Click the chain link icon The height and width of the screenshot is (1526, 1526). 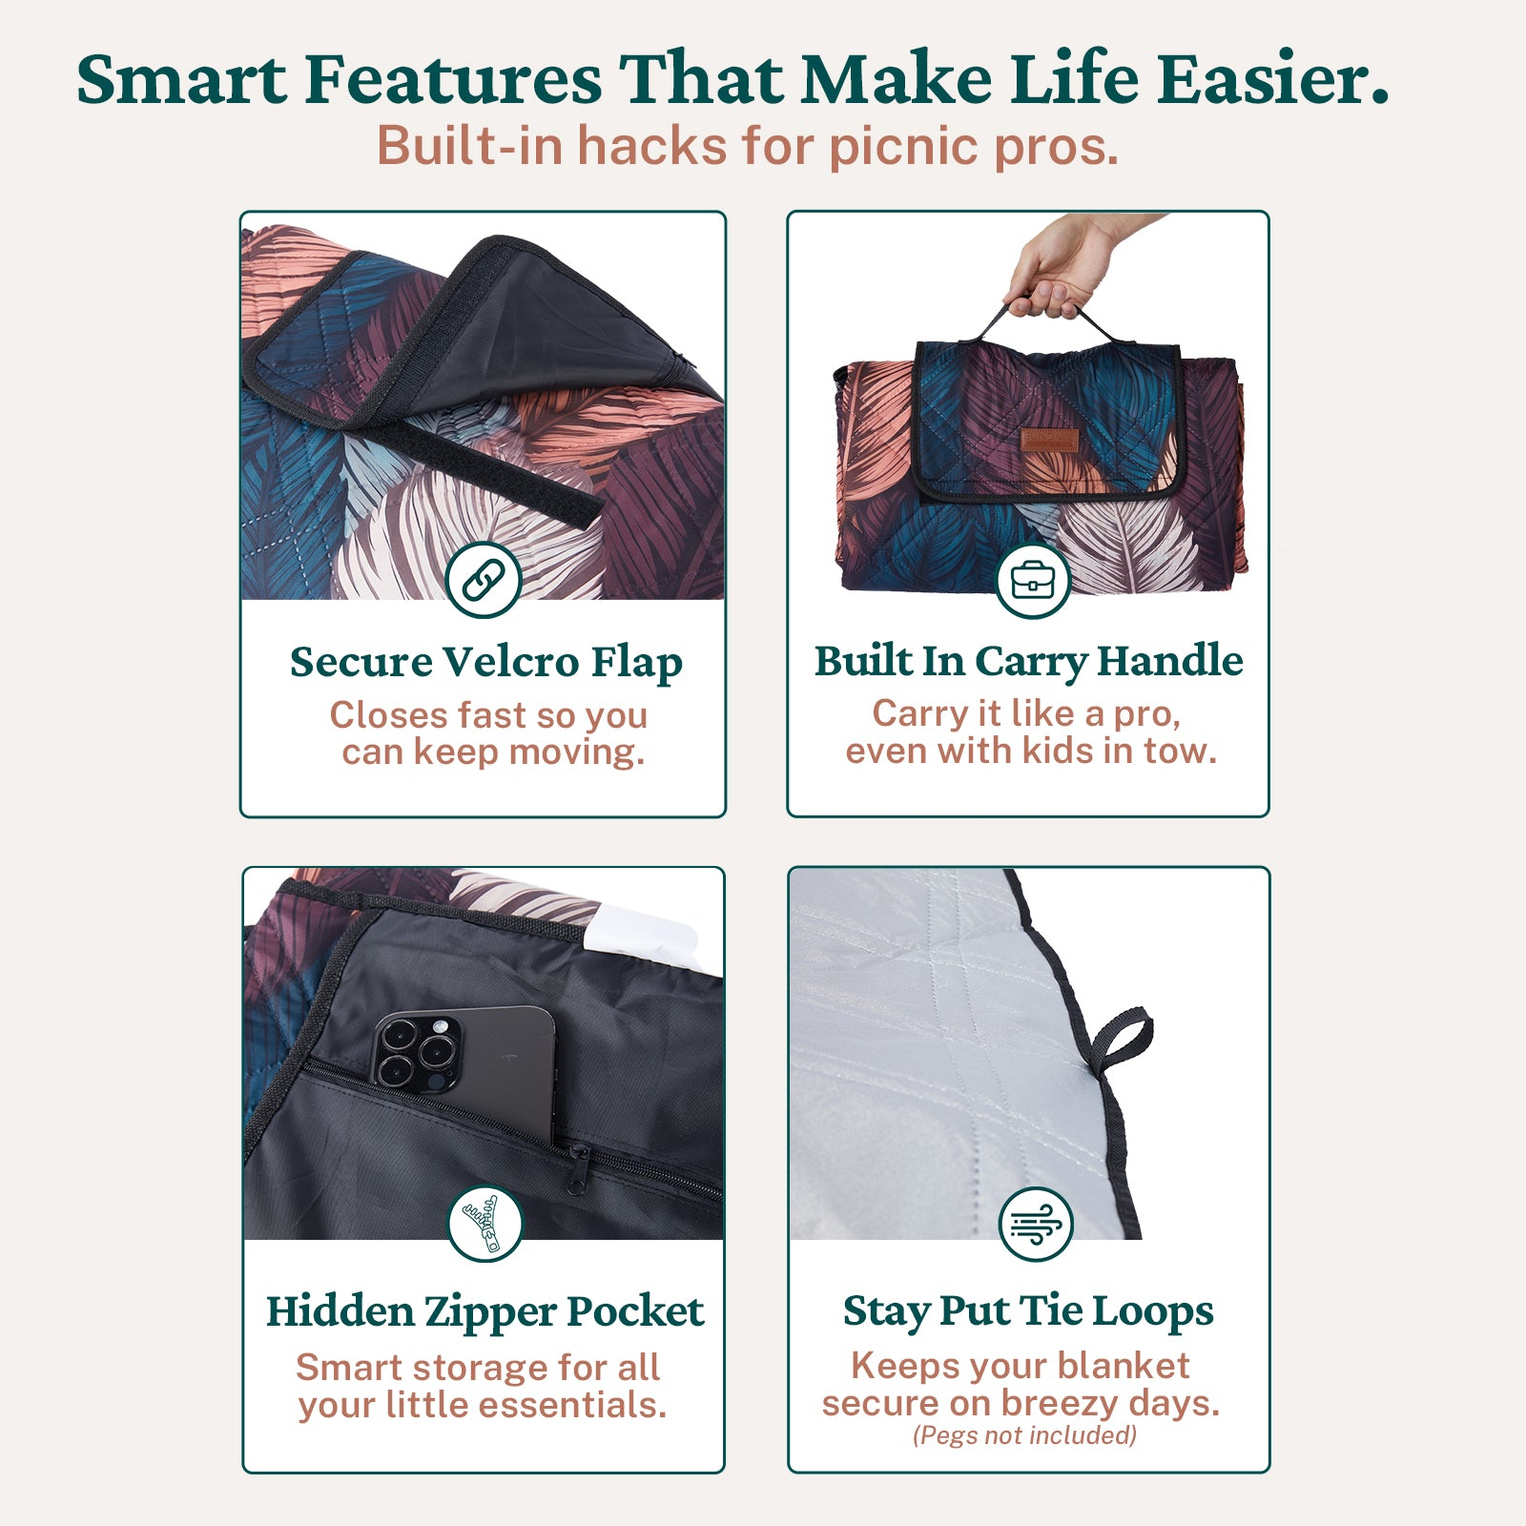(484, 580)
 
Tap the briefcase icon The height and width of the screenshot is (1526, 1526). (1033, 580)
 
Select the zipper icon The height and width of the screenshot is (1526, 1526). (485, 1224)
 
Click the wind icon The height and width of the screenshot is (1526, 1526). (1036, 1224)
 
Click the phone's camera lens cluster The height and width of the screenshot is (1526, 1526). (417, 1052)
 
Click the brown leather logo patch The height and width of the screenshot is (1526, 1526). (1050, 441)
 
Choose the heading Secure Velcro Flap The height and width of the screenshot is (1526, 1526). (486, 663)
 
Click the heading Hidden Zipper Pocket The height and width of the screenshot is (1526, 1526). (485, 1312)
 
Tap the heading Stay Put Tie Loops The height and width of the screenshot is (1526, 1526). (1028, 1312)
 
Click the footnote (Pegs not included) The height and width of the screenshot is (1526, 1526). (1024, 1435)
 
